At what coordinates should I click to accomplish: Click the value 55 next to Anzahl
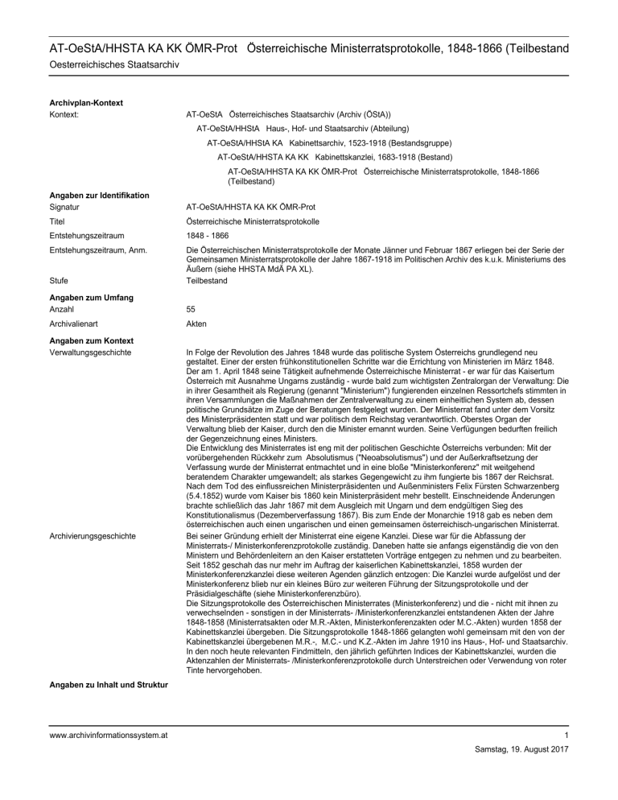tap(191, 309)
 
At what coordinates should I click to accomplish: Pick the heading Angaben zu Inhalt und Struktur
tap(105, 685)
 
